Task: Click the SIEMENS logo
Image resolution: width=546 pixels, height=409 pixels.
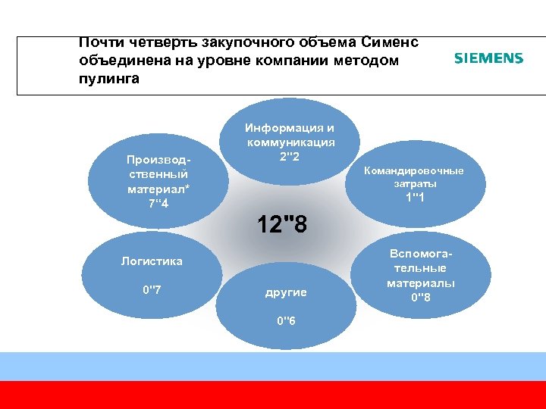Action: pyautogui.click(x=488, y=58)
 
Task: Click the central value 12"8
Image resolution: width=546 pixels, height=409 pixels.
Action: pyautogui.click(x=282, y=224)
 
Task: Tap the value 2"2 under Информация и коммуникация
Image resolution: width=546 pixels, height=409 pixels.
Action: pyautogui.click(x=290, y=157)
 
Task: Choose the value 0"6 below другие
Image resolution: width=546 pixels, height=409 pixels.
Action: pyautogui.click(x=286, y=320)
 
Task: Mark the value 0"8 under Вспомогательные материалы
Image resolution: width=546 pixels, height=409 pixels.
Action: pyautogui.click(x=420, y=296)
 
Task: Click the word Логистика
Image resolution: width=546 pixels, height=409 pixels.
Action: pyautogui.click(x=152, y=261)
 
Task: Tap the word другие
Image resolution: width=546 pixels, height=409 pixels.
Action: pyautogui.click(x=286, y=292)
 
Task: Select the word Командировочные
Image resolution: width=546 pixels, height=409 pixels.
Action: pyautogui.click(x=414, y=170)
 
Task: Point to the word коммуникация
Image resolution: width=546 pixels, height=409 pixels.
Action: pyautogui.click(x=290, y=142)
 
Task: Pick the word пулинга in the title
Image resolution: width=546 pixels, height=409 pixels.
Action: pyautogui.click(x=108, y=78)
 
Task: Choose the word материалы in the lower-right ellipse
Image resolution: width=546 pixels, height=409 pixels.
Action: pyautogui.click(x=421, y=283)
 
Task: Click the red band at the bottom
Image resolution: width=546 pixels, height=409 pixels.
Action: pyautogui.click(x=273, y=395)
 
